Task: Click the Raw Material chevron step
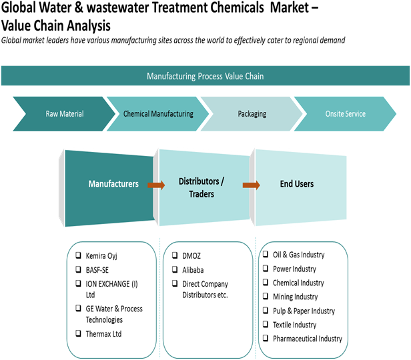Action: [64, 114]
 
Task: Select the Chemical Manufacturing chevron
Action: [158, 114]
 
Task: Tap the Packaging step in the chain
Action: [252, 114]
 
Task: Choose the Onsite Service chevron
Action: [345, 114]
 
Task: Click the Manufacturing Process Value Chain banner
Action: [205, 76]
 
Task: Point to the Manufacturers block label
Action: [113, 183]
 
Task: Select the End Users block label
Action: [296, 184]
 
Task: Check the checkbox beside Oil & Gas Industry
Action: [265, 255]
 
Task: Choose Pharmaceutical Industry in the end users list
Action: [308, 339]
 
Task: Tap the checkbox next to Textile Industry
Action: [265, 325]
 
